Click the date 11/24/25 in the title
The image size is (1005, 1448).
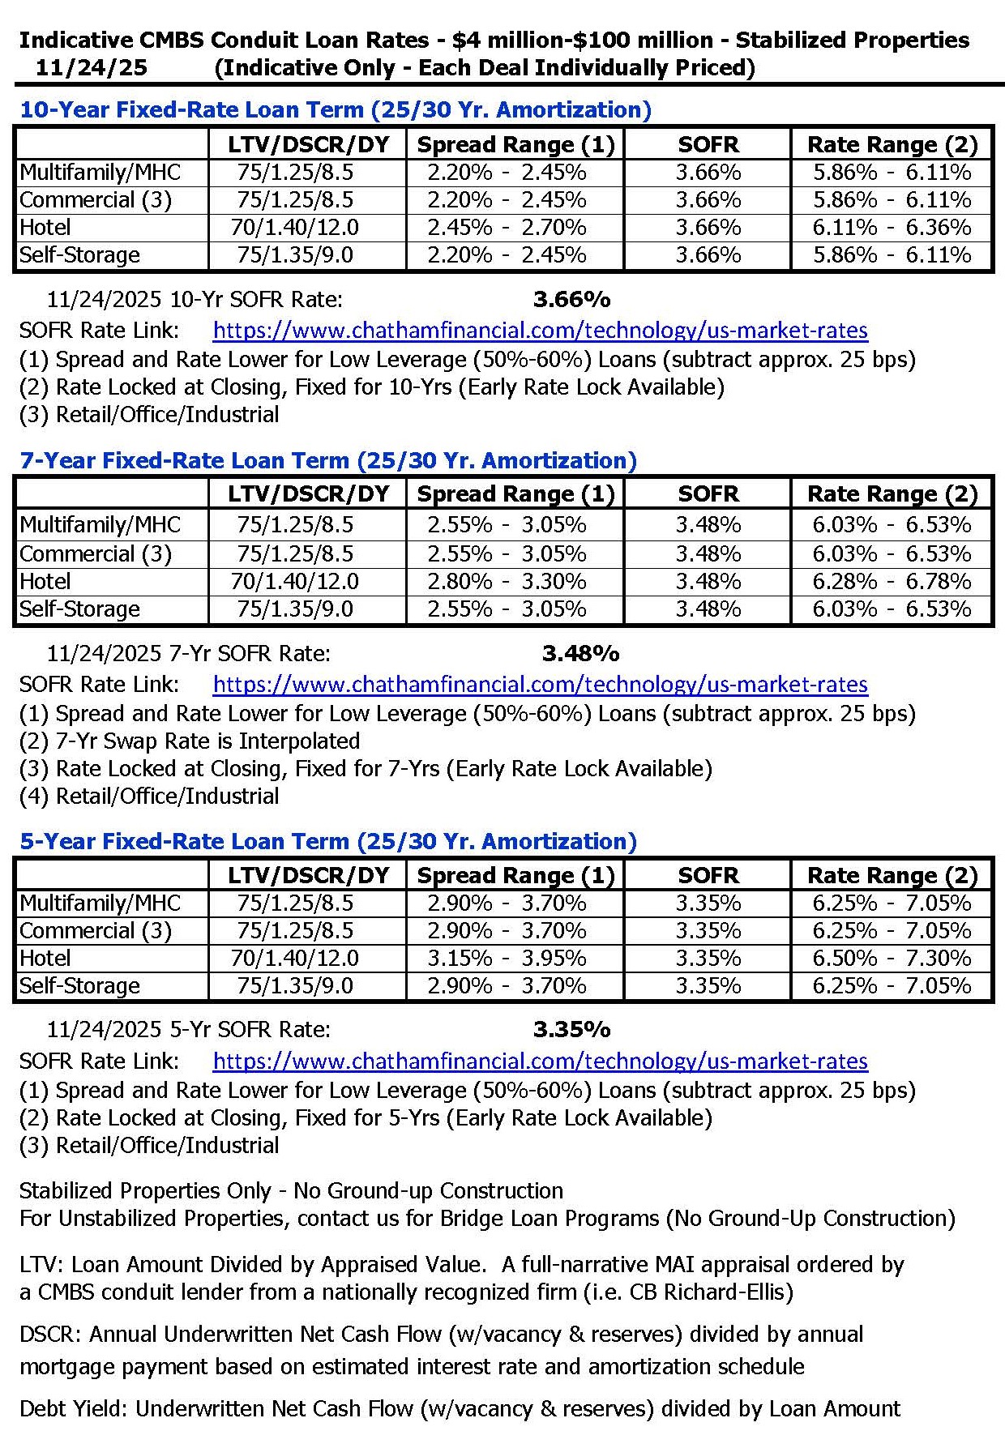pyautogui.click(x=91, y=67)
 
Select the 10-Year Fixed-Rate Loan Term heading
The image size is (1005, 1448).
pyautogui.click(x=335, y=110)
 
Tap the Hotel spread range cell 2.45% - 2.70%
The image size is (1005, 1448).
pyautogui.click(x=507, y=228)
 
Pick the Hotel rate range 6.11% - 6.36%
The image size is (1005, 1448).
pyautogui.click(x=892, y=228)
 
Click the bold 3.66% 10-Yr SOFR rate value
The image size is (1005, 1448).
pyautogui.click(x=571, y=300)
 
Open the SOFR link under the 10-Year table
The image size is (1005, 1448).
pyautogui.click(x=540, y=331)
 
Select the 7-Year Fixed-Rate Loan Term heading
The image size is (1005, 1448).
pyautogui.click(x=327, y=460)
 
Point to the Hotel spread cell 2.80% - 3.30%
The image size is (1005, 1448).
pyautogui.click(x=507, y=582)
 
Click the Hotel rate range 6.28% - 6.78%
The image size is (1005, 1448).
pyautogui.click(x=892, y=582)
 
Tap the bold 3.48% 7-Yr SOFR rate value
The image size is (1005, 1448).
pyautogui.click(x=580, y=653)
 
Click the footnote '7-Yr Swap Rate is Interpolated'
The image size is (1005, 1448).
pyautogui.click(x=207, y=741)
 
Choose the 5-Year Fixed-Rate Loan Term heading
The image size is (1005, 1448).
pyautogui.click(x=327, y=841)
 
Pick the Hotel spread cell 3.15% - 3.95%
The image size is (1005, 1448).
pyautogui.click(x=507, y=959)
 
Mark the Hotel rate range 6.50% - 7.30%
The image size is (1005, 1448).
pyautogui.click(x=892, y=959)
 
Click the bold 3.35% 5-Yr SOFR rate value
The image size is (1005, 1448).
pyautogui.click(x=571, y=1030)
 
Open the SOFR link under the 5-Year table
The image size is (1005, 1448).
pyautogui.click(x=540, y=1061)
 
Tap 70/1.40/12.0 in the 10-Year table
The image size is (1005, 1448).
pyautogui.click(x=295, y=228)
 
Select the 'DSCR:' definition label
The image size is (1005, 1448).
pyautogui.click(x=50, y=1334)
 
